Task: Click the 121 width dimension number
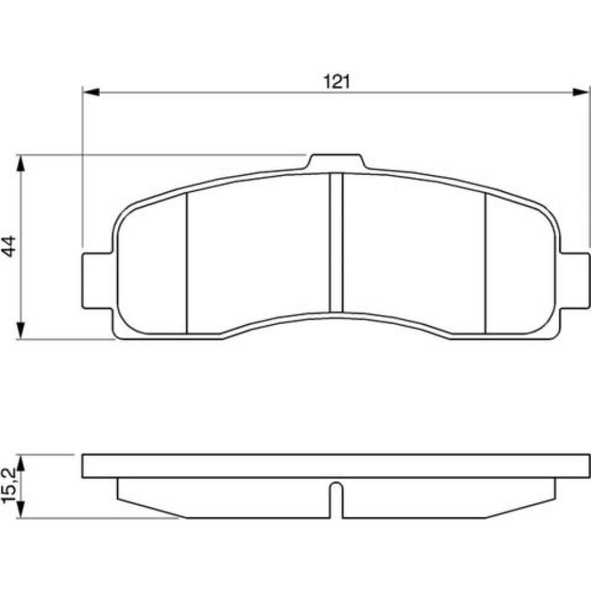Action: (337, 82)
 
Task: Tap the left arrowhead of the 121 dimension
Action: (91, 92)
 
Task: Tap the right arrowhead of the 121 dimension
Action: (580, 92)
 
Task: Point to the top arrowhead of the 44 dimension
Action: (21, 163)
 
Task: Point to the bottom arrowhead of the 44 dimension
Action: (21, 331)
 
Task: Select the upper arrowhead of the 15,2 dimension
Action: (21, 463)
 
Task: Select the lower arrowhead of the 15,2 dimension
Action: (21, 510)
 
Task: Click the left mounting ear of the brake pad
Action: (98, 281)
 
